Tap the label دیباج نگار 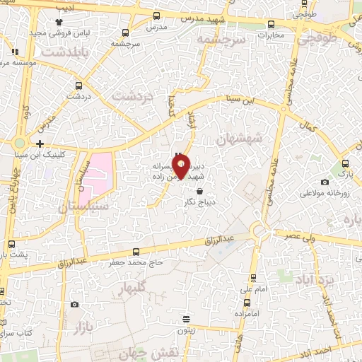coord(199,202)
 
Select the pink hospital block coord(98,169)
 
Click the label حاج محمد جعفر coord(136,262)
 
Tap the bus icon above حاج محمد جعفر coord(136,252)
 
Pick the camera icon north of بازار coord(75,305)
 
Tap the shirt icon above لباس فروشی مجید coord(69,22)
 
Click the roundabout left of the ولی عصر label coord(259,231)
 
